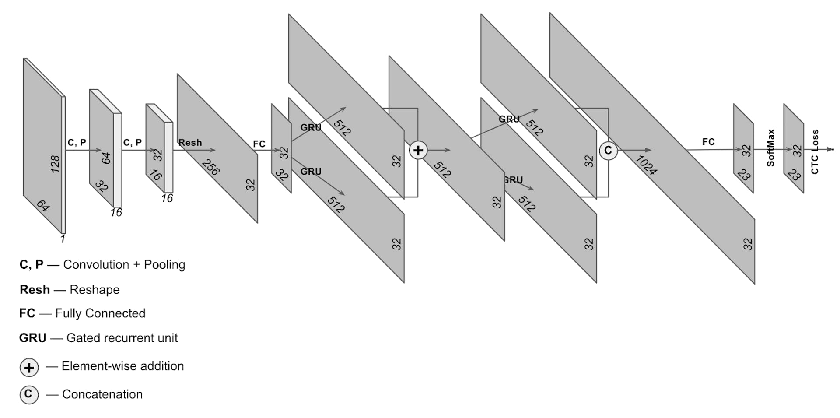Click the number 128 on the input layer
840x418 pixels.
pos(55,164)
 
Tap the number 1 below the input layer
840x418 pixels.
pos(63,239)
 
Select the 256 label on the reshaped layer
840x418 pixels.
pos(210,167)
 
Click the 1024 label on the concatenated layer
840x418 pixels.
pos(646,165)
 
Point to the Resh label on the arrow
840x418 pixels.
pos(190,143)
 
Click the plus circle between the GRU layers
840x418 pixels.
pos(418,150)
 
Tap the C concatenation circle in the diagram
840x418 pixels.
pos(608,150)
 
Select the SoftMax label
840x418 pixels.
pos(770,148)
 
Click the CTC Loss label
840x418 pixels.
pos(815,152)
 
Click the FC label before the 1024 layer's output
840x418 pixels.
pos(708,142)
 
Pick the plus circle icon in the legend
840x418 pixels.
pos(29,367)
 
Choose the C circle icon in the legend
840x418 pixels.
pos(29,394)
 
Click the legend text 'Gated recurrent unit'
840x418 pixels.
pos(122,338)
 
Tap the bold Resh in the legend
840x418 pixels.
pos(35,290)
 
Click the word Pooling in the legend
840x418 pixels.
pos(164,265)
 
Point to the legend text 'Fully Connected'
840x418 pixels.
pos(100,313)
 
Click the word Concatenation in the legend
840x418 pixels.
pos(102,394)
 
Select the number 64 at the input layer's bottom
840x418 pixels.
pos(43,205)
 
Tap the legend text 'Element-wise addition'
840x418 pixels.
pos(123,366)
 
